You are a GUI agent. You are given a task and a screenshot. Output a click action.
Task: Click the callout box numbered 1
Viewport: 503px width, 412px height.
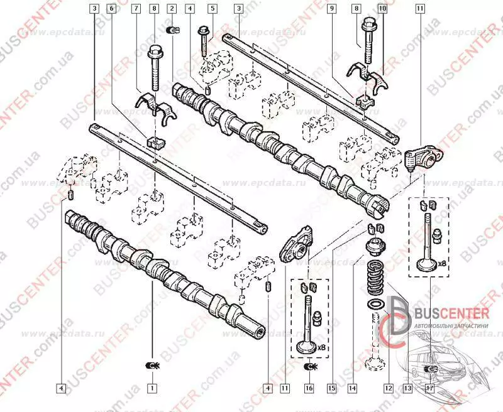coord(152,388)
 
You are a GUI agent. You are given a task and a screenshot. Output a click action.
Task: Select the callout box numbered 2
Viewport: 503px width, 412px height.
coord(172,9)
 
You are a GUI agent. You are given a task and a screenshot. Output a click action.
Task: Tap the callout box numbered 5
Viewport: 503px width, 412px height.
coord(213,9)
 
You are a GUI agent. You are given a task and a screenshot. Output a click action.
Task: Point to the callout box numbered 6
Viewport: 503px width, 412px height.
coord(111,9)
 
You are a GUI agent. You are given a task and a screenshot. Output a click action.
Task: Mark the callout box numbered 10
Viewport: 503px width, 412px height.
coord(380,9)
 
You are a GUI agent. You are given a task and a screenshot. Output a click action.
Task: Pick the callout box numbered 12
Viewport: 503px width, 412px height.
coord(388,388)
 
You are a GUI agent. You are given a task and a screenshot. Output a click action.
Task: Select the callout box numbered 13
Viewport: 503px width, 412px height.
coord(407,388)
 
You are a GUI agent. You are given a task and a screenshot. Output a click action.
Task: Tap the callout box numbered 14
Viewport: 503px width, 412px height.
coord(352,388)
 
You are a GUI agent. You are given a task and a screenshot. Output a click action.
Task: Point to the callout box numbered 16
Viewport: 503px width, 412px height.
coord(309,388)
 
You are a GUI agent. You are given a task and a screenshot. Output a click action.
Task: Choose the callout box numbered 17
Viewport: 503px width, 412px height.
coord(431,388)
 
